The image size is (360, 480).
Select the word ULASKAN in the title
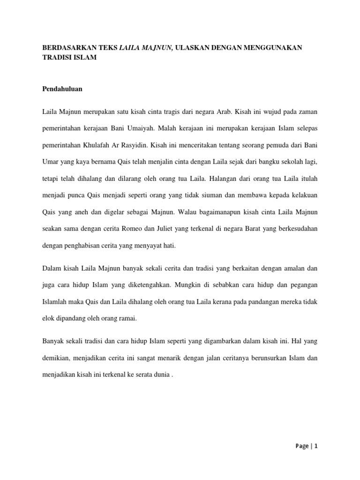(192, 47)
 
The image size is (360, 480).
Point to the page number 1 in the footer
(316, 446)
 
